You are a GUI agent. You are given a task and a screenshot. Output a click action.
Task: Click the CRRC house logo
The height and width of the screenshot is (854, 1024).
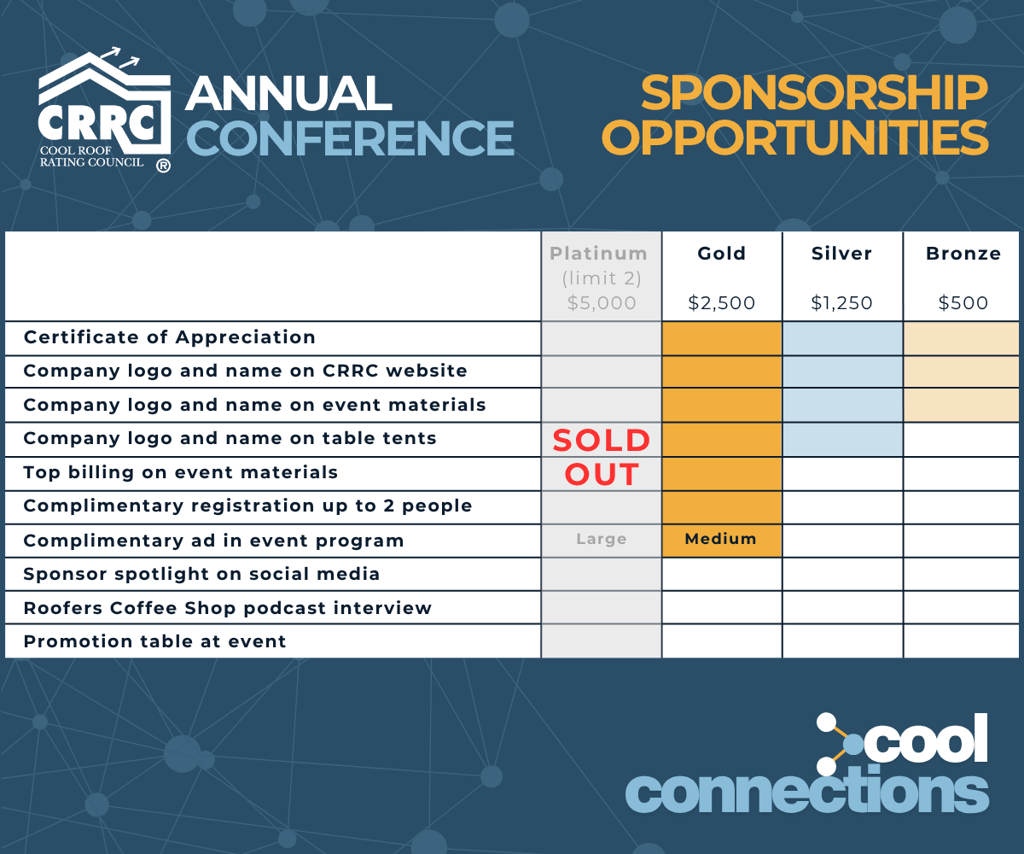pos(104,109)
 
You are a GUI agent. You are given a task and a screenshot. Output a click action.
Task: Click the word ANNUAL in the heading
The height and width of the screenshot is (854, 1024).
pos(288,93)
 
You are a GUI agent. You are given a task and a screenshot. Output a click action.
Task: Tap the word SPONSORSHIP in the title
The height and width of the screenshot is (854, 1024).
pos(814,93)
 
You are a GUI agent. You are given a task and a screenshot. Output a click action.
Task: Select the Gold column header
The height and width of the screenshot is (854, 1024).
pos(721,254)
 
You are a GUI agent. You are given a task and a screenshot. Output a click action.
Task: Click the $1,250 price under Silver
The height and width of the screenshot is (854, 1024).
pos(841,303)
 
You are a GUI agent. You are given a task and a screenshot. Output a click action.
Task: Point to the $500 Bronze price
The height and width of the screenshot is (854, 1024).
pos(963,303)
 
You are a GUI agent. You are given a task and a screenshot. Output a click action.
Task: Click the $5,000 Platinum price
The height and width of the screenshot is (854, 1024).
pos(602,303)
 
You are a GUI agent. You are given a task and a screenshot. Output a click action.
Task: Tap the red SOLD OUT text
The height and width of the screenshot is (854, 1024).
pos(602,457)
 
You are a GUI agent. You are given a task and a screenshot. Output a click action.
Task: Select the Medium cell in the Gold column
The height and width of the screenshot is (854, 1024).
pos(720,539)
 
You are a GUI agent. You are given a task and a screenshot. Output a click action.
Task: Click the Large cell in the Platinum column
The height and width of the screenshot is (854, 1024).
pos(602,539)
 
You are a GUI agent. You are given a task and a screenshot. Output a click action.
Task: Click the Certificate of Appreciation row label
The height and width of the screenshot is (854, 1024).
pos(169,337)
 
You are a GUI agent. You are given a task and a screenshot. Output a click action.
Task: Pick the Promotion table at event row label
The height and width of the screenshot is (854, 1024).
pos(154,641)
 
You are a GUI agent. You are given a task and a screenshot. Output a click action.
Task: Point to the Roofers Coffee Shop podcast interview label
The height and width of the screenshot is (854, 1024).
pos(228,608)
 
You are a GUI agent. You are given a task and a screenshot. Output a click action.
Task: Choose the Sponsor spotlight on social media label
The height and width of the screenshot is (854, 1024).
pos(201,574)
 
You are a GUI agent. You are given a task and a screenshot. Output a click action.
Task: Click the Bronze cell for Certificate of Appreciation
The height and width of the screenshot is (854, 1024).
pos(961,339)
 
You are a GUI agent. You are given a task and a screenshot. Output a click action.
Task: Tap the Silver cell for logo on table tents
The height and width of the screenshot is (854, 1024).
pos(842,440)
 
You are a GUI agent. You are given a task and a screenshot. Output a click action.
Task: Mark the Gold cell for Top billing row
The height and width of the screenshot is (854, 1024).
pos(721,474)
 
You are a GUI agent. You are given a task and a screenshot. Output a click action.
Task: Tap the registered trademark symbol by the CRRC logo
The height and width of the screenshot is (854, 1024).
pos(163,166)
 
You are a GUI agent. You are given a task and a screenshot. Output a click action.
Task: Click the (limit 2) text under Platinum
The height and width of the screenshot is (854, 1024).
pos(602,278)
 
